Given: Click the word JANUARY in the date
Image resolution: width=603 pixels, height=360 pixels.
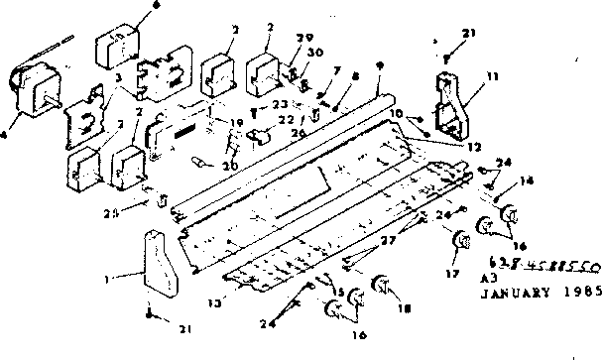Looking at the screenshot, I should point(509,294).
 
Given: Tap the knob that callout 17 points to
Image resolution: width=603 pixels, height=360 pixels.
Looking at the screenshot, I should point(461,241).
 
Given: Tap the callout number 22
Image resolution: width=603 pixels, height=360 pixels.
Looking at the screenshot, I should point(286,119).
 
